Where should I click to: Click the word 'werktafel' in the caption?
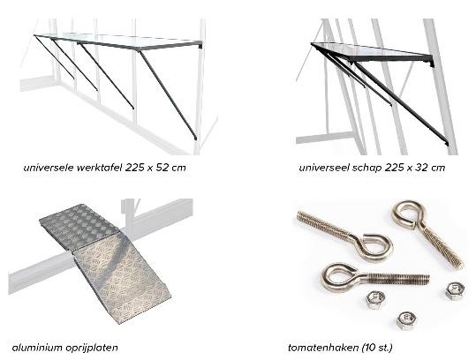[x=99, y=168]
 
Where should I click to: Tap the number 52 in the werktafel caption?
[x=162, y=168]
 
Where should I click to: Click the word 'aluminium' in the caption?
[x=37, y=348]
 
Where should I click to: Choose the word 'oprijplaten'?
[x=91, y=348]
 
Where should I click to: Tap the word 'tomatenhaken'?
[x=323, y=348]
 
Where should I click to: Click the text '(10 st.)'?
[x=377, y=348]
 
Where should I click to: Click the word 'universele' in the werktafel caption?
[x=49, y=168]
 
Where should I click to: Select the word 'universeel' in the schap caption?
[x=324, y=168]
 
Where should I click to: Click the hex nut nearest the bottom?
[x=406, y=320]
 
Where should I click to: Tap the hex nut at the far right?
[x=455, y=291]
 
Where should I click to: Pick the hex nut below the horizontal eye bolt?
[x=375, y=300]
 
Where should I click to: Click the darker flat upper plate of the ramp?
[x=79, y=226]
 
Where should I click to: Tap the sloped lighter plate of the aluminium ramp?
[x=123, y=279]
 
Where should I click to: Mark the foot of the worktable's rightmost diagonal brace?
[x=195, y=138]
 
